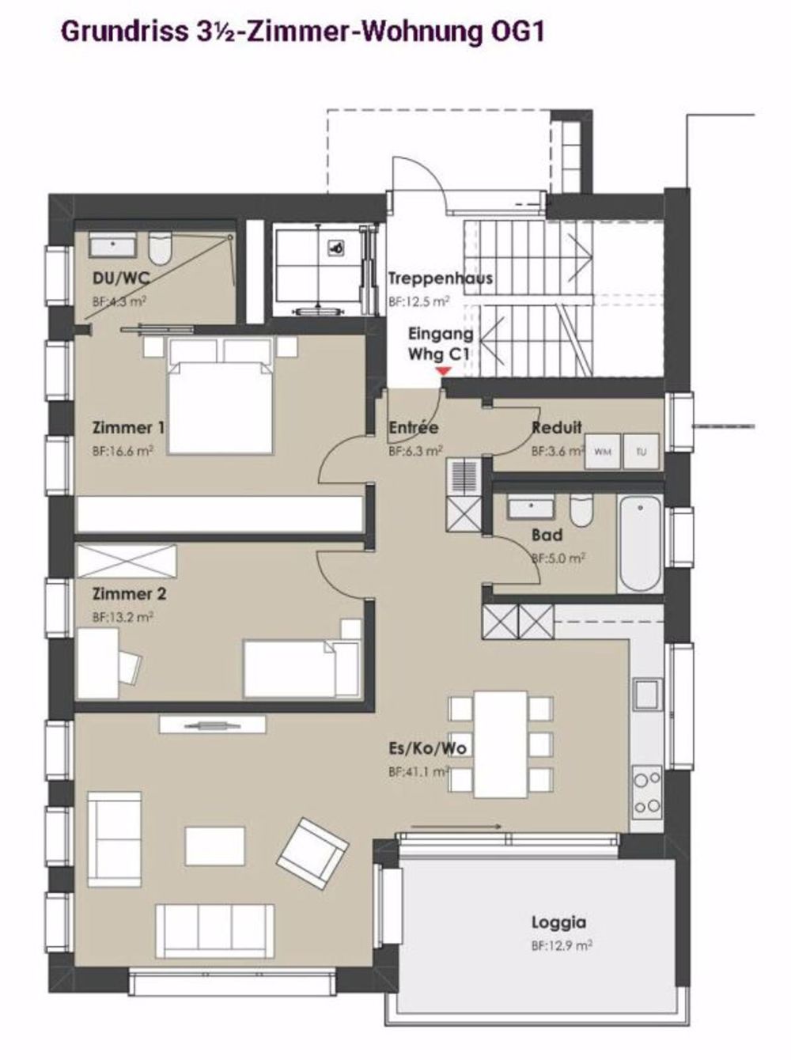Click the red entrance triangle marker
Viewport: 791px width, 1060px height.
tap(443, 371)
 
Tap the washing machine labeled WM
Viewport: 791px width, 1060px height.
tap(602, 452)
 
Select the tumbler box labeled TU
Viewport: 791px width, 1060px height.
tap(641, 452)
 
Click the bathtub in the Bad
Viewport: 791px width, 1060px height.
tap(641, 544)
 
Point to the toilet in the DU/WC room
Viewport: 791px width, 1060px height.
tap(161, 248)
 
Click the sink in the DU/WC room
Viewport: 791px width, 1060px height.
tap(113, 245)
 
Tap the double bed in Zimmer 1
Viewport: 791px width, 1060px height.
tap(220, 396)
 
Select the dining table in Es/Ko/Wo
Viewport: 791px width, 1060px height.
tap(500, 745)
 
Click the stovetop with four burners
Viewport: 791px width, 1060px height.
tap(647, 793)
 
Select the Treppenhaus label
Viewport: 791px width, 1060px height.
tap(441, 278)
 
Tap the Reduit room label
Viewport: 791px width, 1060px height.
tap(557, 427)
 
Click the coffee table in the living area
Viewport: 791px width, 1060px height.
tap(215, 846)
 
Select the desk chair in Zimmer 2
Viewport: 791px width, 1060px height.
tap(130, 667)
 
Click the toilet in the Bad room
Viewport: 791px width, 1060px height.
tap(581, 511)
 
